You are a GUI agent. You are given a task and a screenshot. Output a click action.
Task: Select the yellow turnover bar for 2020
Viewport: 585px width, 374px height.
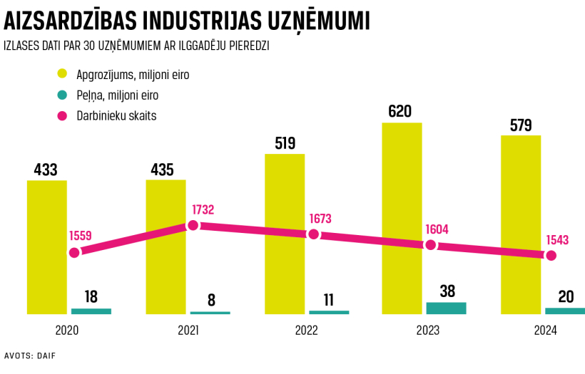click(x=47, y=246)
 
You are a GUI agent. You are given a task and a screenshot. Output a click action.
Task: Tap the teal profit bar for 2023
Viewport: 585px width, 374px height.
click(x=446, y=308)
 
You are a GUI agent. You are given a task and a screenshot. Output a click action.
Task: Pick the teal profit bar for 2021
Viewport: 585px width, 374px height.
click(x=210, y=312)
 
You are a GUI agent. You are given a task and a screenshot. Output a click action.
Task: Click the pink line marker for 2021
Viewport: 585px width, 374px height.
click(x=192, y=226)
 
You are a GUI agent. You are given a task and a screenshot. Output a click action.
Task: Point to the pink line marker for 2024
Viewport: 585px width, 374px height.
click(x=550, y=255)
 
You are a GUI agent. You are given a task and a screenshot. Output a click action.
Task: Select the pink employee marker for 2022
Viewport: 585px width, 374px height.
click(x=312, y=234)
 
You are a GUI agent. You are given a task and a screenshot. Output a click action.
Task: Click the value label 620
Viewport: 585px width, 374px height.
click(x=402, y=111)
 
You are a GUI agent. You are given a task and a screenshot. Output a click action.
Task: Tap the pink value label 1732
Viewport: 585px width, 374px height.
click(x=203, y=210)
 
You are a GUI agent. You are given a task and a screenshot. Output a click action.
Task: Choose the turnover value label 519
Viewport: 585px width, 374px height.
click(x=285, y=142)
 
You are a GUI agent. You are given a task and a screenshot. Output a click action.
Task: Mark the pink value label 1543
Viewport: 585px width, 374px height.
click(x=557, y=240)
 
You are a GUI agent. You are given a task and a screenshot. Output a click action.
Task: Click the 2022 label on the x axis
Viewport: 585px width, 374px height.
click(x=306, y=331)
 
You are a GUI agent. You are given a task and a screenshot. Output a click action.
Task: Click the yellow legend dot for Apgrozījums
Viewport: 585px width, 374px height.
click(x=62, y=73)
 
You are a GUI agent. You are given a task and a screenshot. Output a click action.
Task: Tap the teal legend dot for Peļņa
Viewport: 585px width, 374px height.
click(x=62, y=95)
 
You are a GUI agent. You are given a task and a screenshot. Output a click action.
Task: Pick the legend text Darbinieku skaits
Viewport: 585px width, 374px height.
click(x=116, y=115)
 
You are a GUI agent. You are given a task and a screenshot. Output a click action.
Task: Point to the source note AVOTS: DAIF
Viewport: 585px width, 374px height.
click(x=30, y=355)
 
